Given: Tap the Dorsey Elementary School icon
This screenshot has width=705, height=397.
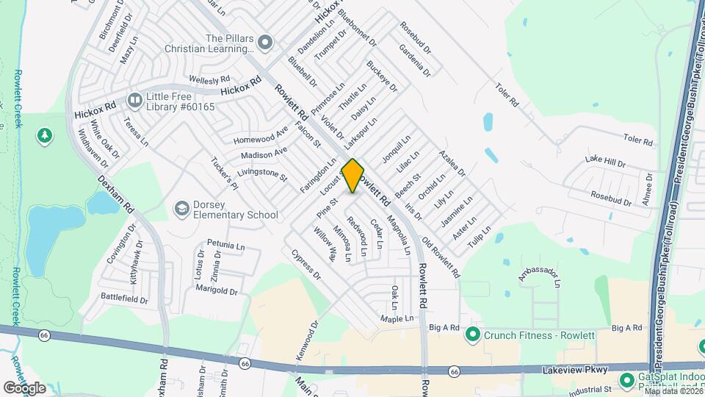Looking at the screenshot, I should tap(181, 210).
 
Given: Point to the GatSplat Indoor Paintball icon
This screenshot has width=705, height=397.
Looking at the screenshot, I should tap(626, 379).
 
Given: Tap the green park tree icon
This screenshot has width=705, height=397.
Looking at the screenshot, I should tap(45, 135).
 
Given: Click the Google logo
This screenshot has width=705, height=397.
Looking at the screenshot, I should tap(24, 387).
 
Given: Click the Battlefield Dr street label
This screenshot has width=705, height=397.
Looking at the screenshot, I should tap(124, 300).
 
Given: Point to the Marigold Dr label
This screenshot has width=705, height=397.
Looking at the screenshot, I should tap(217, 291).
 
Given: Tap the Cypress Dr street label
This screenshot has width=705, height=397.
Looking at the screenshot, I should tap(306, 265).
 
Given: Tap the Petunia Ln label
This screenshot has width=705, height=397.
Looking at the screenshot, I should tap(225, 243).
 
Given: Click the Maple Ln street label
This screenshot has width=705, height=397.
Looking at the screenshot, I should tap(397, 318).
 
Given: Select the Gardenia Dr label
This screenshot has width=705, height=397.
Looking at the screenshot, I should tap(415, 59).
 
